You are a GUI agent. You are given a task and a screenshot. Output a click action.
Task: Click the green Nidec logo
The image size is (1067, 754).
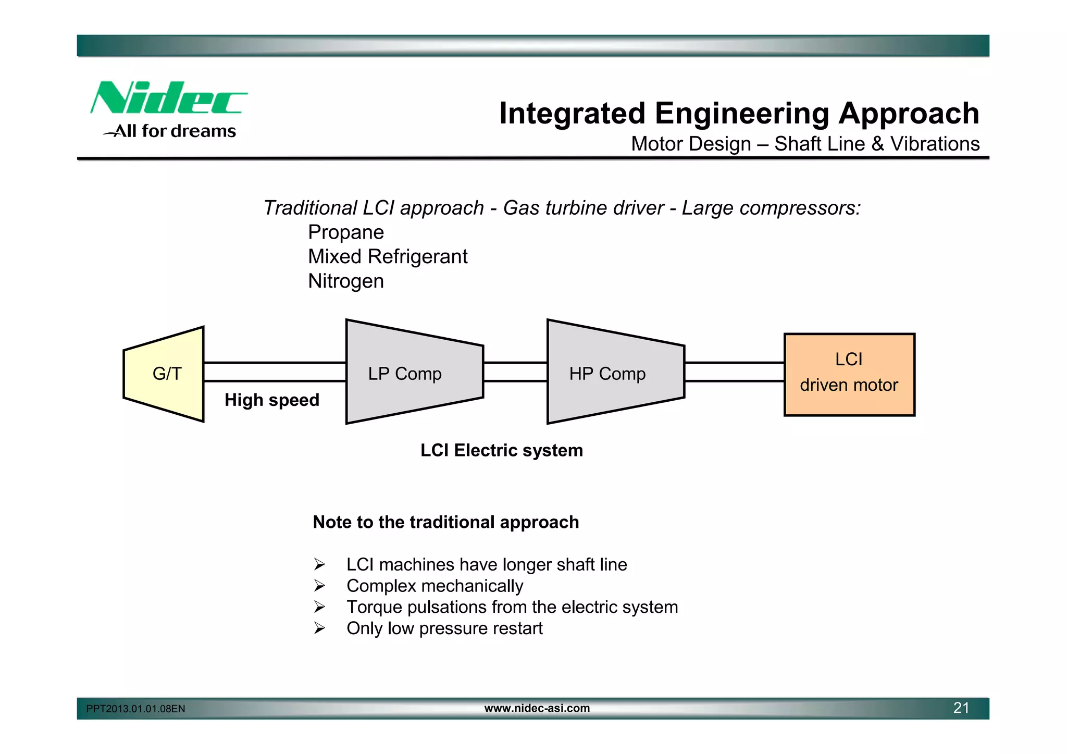tap(168, 98)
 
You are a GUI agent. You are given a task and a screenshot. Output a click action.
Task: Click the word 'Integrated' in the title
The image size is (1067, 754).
tap(572, 114)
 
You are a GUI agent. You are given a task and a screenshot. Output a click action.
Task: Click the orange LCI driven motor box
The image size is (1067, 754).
tap(849, 374)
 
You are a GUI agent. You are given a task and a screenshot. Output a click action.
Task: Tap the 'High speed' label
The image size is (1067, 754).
tap(271, 400)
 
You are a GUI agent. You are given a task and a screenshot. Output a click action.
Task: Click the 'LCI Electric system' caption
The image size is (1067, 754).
tap(501, 450)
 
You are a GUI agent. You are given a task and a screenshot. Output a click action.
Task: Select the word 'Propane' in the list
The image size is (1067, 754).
tap(345, 232)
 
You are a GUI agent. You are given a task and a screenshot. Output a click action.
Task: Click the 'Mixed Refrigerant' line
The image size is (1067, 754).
tap(387, 257)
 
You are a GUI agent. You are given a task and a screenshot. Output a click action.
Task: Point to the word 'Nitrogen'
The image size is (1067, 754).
tap(345, 281)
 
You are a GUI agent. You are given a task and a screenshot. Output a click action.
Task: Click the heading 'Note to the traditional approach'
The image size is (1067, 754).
tap(445, 522)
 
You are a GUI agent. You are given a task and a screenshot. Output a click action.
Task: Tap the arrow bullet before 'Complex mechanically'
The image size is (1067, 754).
tap(319, 586)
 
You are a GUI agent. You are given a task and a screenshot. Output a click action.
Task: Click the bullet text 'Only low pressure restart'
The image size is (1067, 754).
tap(444, 628)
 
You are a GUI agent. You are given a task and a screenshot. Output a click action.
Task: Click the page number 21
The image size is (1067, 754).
tap(961, 708)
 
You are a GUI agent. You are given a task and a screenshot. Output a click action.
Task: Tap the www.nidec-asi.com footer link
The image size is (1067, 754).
tap(537, 708)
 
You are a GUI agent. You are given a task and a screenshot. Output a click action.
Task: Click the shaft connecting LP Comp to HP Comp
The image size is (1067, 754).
tap(515, 372)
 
